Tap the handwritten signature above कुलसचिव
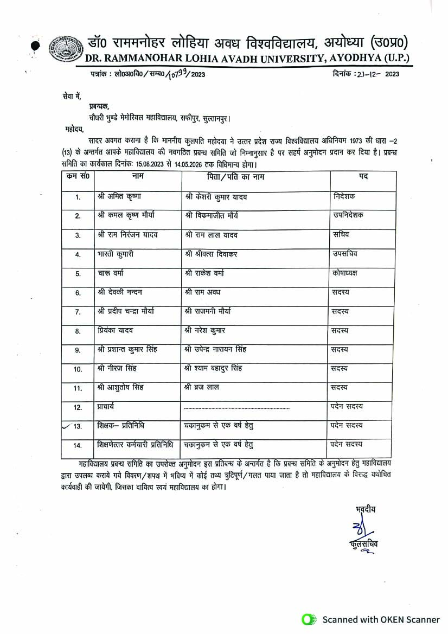pos(360,527)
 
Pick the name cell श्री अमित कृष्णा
pos(119,196)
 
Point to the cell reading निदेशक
pos(345,196)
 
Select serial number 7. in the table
pos(78,312)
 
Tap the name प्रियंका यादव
pos(116,330)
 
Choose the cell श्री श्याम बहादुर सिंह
pos(213,369)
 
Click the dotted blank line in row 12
pos(236,407)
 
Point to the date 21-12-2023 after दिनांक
pos(378,74)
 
